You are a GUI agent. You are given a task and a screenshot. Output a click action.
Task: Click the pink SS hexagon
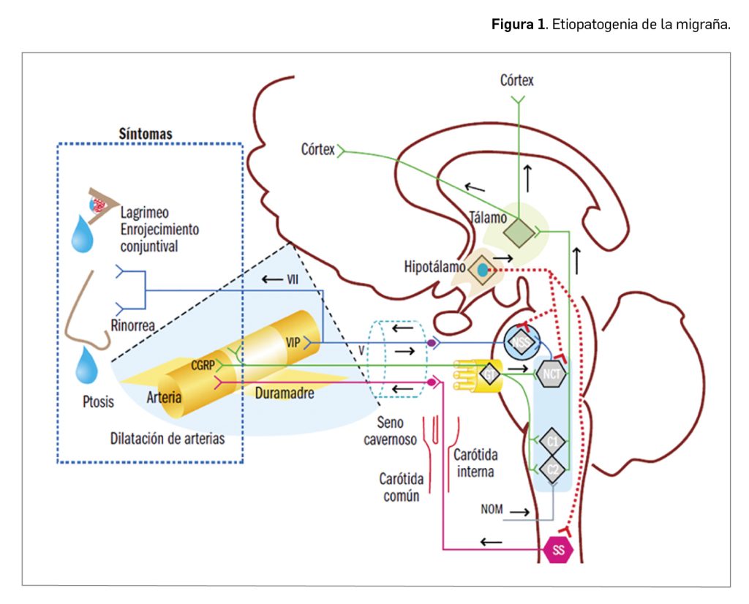pyautogui.click(x=560, y=550)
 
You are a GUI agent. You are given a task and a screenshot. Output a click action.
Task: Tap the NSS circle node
pyautogui.click(x=522, y=341)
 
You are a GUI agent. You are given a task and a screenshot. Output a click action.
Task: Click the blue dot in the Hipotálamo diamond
pyautogui.click(x=482, y=270)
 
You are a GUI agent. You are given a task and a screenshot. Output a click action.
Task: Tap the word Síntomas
pyautogui.click(x=145, y=134)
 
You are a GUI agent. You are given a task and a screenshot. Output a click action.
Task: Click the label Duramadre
pyautogui.click(x=285, y=393)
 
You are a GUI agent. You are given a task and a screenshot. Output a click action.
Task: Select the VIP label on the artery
pyautogui.click(x=294, y=341)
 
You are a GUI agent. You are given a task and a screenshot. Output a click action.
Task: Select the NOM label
pyautogui.click(x=492, y=509)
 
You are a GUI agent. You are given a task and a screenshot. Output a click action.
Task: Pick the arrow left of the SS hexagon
pyautogui.click(x=492, y=542)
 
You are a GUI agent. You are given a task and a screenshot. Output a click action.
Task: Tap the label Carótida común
pyautogui.click(x=399, y=487)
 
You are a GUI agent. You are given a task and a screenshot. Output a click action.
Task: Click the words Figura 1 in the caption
pyautogui.click(x=518, y=24)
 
